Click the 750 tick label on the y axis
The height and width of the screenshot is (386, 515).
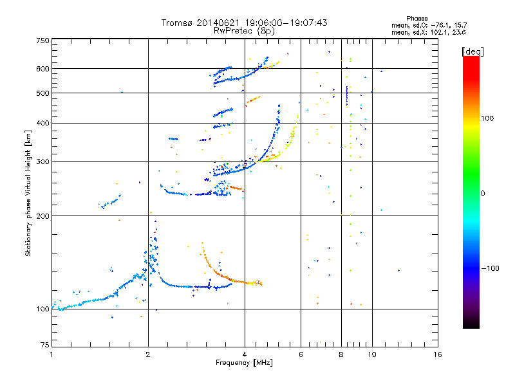tap(42, 41)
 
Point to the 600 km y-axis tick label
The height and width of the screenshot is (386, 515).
tap(42, 69)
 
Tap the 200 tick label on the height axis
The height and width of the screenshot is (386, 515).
tap(42, 216)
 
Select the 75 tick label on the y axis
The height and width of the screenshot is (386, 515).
tap(44, 345)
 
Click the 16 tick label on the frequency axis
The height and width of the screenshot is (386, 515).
tap(438, 354)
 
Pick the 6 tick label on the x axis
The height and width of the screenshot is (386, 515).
tap(301, 354)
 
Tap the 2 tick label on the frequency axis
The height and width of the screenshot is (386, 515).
tap(148, 354)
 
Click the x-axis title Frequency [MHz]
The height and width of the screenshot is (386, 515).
tap(244, 363)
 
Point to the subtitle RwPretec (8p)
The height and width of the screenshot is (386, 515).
tap(244, 31)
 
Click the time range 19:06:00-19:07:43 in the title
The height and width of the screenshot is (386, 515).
tap(286, 23)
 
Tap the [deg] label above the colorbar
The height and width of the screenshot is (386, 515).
tap(473, 51)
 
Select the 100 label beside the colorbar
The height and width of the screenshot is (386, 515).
tap(487, 118)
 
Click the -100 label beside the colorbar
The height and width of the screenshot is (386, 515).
tap(490, 268)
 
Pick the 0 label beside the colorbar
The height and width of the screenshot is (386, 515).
tap(483, 194)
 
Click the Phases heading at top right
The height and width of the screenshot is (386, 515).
tap(417, 19)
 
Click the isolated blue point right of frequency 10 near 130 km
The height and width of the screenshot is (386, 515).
tap(398, 270)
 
